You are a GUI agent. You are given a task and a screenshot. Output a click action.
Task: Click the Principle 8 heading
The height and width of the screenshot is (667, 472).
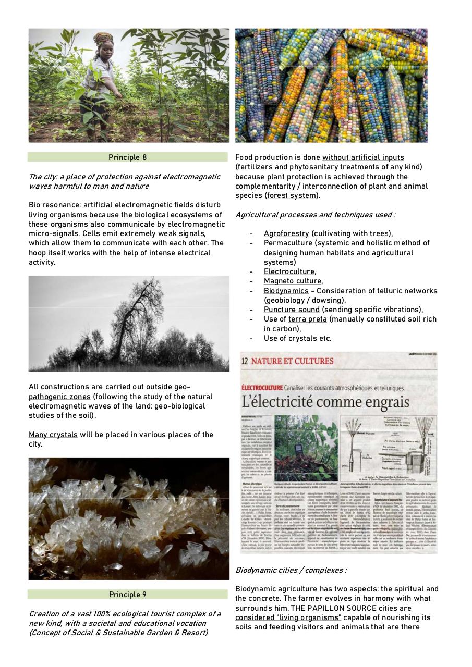(x=124, y=157)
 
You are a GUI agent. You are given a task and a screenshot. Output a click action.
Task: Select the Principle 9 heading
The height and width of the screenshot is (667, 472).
(x=128, y=595)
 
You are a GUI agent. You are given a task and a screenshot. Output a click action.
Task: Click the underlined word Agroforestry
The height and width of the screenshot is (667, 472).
(x=286, y=233)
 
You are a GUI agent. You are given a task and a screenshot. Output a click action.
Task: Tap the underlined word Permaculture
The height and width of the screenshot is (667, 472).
(x=288, y=243)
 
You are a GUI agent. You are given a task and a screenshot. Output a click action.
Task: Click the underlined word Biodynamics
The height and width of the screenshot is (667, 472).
(x=286, y=291)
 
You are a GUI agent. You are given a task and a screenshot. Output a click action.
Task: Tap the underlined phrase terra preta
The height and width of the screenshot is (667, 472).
(x=307, y=319)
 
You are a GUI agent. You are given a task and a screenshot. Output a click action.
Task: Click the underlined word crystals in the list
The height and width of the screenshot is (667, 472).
(x=302, y=338)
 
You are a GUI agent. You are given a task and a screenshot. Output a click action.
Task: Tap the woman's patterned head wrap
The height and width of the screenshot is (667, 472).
(x=103, y=39)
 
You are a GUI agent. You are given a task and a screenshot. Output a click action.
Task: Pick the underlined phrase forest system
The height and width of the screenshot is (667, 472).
(x=291, y=195)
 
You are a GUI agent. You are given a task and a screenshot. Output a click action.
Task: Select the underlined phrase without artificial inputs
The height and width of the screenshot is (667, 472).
(x=362, y=157)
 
